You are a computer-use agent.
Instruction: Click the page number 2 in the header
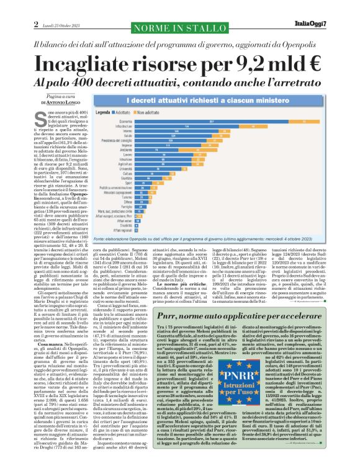[x=11, y=7]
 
